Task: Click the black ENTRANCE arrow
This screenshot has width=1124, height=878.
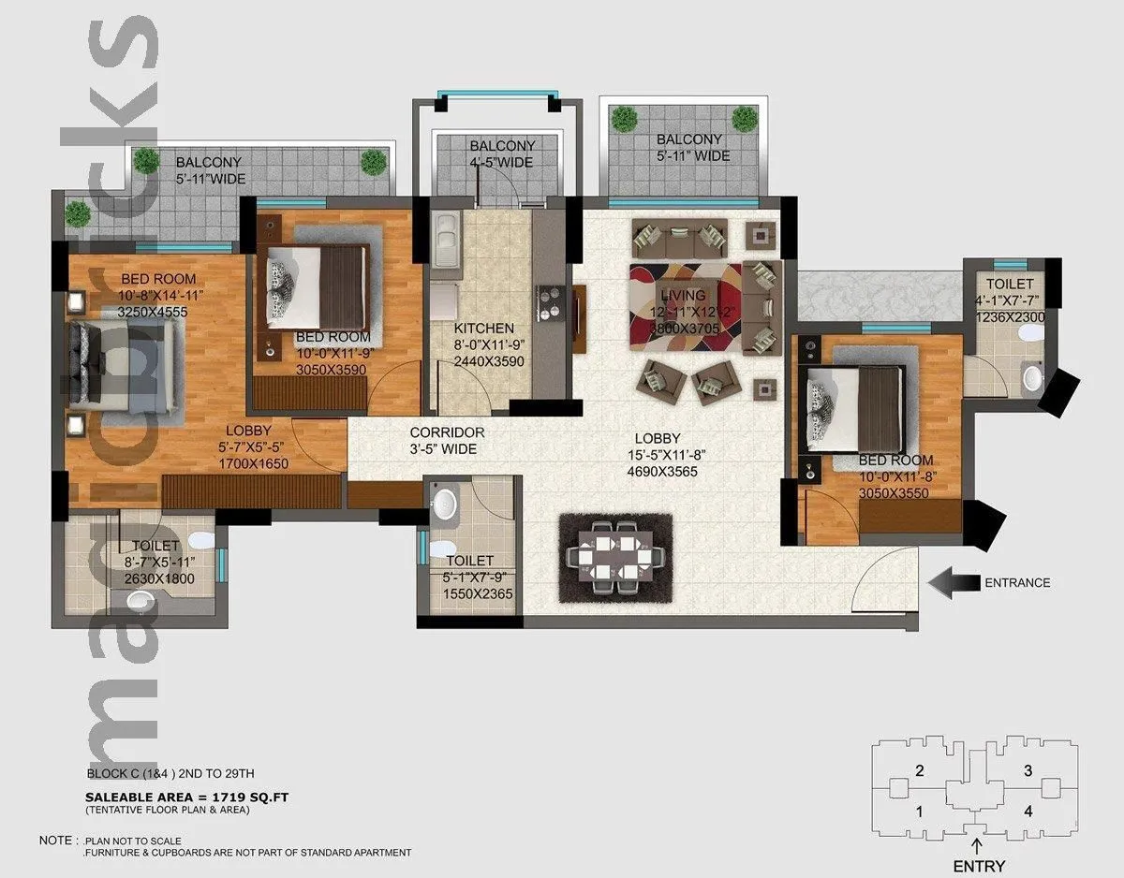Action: point(951,582)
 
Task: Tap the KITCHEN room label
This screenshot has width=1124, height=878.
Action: point(483,329)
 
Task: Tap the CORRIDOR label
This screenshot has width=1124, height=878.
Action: point(447,432)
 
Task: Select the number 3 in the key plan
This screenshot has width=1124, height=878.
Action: point(1028,771)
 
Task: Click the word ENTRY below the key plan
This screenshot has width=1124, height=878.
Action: point(978,866)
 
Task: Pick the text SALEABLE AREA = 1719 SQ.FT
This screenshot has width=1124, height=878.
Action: point(186,797)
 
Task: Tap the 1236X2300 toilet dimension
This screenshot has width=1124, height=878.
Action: point(1010,317)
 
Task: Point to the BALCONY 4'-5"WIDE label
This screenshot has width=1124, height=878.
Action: point(502,154)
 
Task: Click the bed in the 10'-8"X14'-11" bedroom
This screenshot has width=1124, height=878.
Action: point(122,366)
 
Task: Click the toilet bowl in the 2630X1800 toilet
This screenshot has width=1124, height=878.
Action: point(198,541)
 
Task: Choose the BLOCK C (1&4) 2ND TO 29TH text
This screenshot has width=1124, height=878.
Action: point(170,774)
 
